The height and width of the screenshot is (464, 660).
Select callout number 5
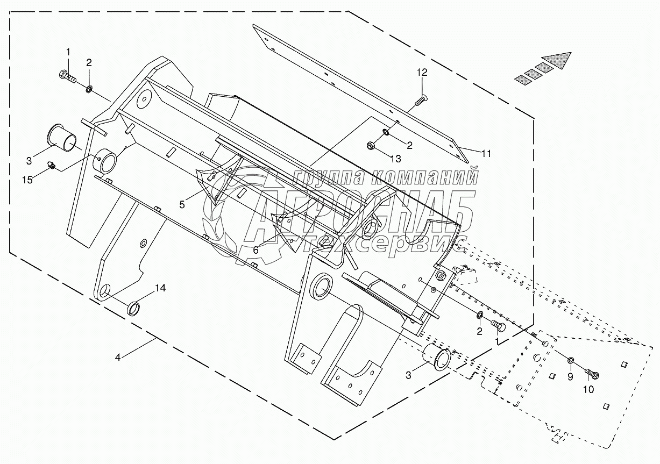pyautogui.click(x=182, y=204)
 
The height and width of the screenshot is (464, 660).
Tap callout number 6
pyautogui.click(x=256, y=250)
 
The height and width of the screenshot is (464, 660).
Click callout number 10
pyautogui.click(x=589, y=389)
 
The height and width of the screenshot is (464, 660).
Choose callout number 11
pyautogui.click(x=486, y=154)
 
